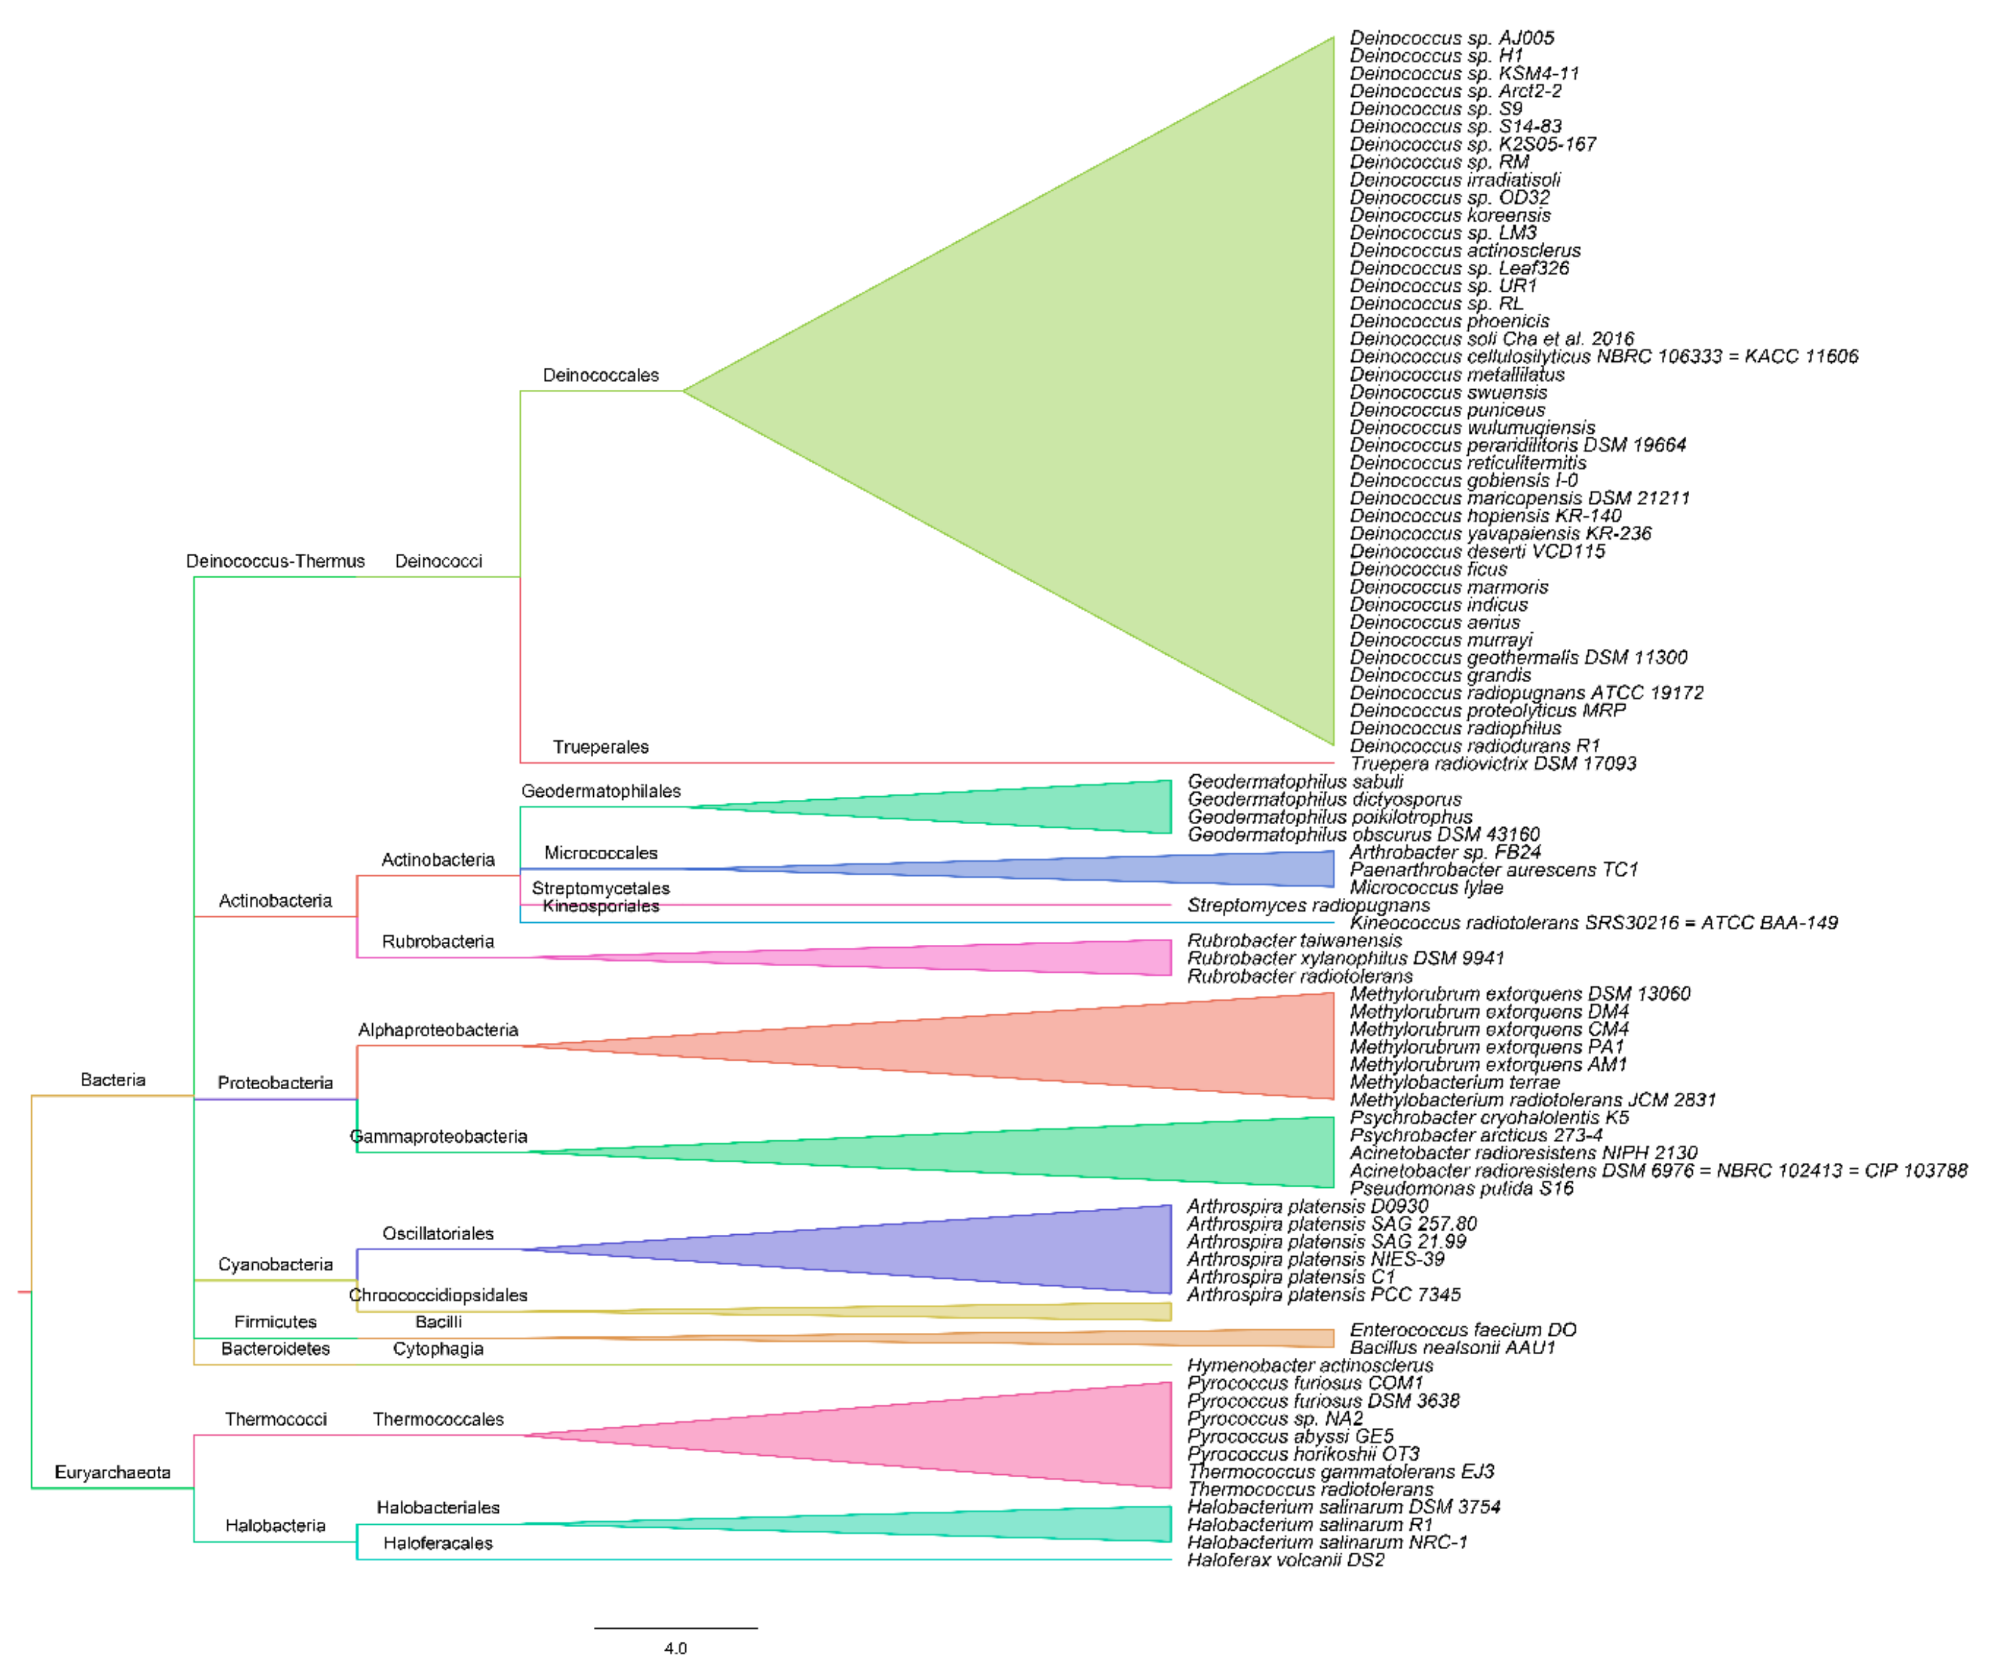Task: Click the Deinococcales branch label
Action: pos(600,375)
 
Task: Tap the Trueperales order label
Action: pos(600,747)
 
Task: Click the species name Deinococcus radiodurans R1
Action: pos(1475,746)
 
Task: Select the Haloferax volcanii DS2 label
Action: pos(1285,1560)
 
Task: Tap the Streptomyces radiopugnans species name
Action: pos(1308,905)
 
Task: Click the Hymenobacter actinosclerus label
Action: pos(1310,1366)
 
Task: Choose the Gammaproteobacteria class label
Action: pos(438,1137)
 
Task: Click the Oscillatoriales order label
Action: pos(438,1234)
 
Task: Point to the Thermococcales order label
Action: pos(438,1419)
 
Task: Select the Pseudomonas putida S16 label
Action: pos(1461,1188)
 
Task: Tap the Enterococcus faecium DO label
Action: pos(1462,1330)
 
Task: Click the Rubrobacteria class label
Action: pos(438,941)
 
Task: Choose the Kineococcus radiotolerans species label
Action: pos(1593,923)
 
